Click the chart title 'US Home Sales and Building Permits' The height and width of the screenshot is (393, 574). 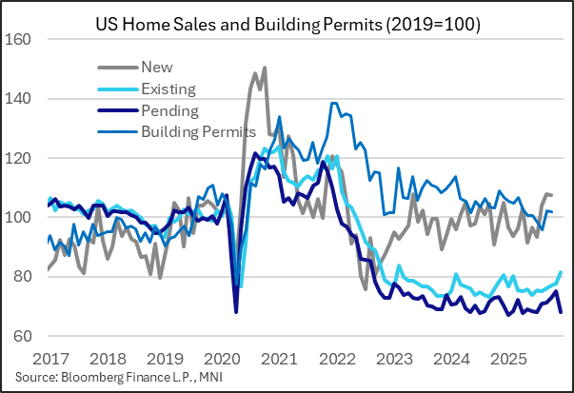tap(287, 22)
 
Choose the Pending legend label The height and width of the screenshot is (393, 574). tap(168, 110)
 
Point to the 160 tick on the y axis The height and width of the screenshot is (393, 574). tap(20, 39)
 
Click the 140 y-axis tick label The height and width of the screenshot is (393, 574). tap(20, 99)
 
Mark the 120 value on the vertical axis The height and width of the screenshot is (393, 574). tap(20, 158)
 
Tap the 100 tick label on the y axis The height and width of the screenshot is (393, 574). tap(20, 218)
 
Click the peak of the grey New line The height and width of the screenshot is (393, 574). tap(264, 68)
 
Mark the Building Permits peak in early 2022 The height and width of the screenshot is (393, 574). tap(333, 103)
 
